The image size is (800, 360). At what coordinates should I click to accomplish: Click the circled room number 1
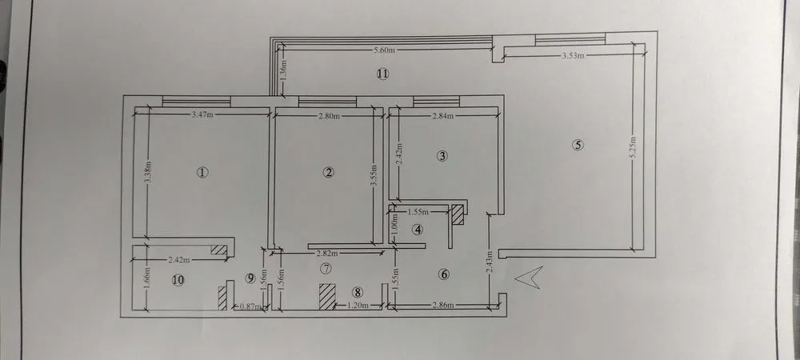203,172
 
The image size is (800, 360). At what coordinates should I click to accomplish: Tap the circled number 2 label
328,172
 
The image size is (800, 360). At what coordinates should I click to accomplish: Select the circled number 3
442,156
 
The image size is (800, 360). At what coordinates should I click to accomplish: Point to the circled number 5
578,145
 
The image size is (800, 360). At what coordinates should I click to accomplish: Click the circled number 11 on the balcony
382,74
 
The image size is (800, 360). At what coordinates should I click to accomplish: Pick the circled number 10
178,280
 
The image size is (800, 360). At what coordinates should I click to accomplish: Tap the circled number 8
358,292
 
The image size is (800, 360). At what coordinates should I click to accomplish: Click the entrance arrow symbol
528,278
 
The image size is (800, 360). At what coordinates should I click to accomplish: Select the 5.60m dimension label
385,50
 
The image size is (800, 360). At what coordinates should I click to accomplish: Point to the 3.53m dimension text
573,56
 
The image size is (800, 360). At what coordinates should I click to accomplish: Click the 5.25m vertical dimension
633,148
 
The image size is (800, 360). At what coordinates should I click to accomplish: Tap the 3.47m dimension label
202,114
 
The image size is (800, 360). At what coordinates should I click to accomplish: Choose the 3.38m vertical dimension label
147,174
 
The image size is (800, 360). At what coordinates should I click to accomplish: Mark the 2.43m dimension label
489,261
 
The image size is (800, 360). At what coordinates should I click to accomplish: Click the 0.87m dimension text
250,307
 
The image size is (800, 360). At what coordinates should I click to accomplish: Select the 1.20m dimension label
358,306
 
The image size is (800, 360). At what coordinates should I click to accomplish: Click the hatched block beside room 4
458,214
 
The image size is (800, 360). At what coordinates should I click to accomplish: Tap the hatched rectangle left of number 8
327,296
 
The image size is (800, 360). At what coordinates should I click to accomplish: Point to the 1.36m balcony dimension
284,70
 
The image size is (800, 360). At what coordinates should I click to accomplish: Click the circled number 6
444,274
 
